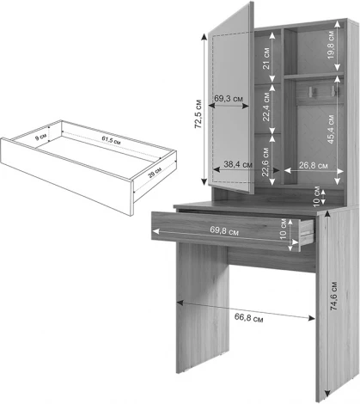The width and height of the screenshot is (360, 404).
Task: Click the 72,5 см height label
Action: coord(198,113)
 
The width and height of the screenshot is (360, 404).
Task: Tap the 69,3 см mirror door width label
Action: coord(229,99)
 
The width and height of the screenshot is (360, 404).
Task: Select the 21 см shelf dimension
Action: coord(266,58)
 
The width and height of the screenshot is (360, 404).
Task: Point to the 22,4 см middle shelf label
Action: coord(266,107)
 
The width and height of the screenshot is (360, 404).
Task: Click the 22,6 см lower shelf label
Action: coord(265,162)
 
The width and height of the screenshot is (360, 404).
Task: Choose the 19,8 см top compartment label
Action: coord(331,45)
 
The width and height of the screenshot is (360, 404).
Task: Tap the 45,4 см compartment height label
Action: coord(331,129)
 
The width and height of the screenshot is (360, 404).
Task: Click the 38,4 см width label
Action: coord(238,164)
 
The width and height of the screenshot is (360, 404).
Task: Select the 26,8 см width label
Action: coord(314,165)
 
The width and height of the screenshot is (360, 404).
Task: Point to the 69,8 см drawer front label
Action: coord(224,230)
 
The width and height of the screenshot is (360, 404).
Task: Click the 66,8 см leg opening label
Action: coord(248,318)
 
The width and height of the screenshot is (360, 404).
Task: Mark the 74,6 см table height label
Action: coord(334,296)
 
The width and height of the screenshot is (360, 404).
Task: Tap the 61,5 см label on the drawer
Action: coord(111,140)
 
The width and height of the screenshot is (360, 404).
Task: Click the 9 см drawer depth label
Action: coord(41,138)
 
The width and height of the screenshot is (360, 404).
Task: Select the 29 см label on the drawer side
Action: coord(155,173)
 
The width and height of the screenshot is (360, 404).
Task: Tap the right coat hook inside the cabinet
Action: coord(333,90)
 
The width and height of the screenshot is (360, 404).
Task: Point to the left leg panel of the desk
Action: coord(203,307)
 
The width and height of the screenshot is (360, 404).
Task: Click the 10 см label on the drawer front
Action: coord(283,229)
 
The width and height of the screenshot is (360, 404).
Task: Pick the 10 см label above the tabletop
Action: coord(316,197)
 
